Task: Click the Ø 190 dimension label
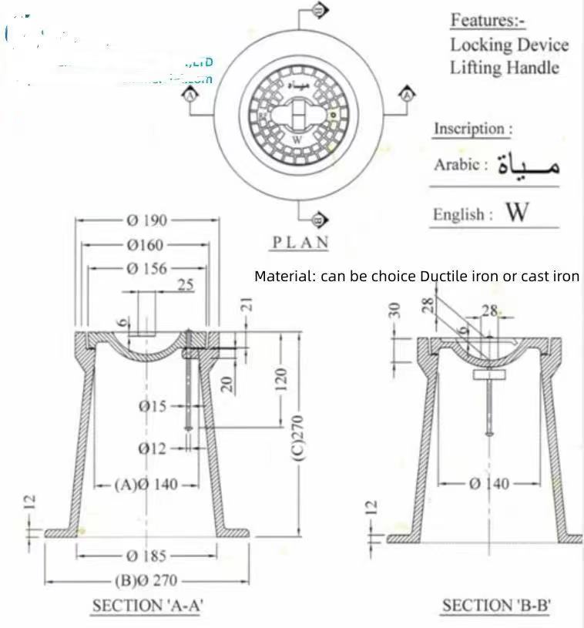146,220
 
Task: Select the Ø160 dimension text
146,245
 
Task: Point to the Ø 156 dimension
146,268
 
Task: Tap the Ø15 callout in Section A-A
153,406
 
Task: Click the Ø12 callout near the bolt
153,448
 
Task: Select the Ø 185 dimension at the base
146,555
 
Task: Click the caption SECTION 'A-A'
147,606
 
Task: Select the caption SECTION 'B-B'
496,606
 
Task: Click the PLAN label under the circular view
300,242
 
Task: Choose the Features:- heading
488,20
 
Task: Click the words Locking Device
509,44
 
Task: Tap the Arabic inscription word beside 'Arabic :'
529,164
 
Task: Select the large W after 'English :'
517,212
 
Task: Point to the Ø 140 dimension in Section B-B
489,483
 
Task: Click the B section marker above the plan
321,10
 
